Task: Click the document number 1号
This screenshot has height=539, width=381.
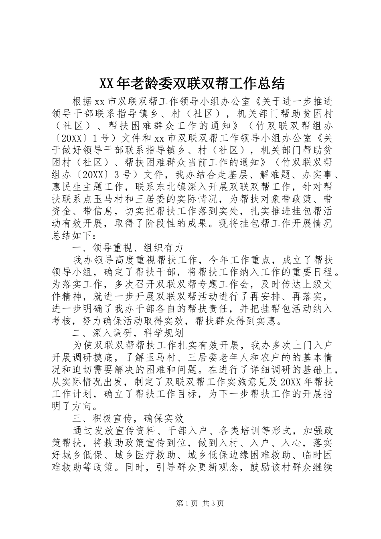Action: [101, 138]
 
